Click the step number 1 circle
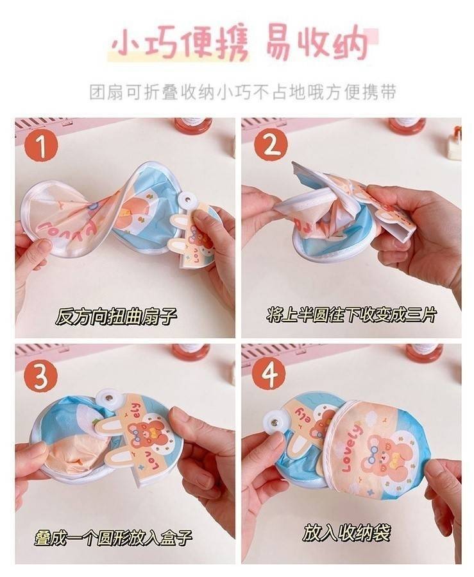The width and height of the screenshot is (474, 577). coord(41,146)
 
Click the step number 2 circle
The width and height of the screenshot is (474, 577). coord(270,146)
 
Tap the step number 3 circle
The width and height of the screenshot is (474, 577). coord(41,374)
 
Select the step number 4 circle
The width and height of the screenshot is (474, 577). coord(269,374)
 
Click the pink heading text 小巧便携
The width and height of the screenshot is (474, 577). coord(180,46)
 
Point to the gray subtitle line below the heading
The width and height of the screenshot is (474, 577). coord(243,92)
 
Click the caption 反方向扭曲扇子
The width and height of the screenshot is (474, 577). coord(116,316)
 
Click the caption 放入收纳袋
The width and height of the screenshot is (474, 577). coord(346,533)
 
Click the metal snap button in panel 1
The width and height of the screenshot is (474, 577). coord(188,200)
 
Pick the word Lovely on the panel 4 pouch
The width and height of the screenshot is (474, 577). coord(352,447)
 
